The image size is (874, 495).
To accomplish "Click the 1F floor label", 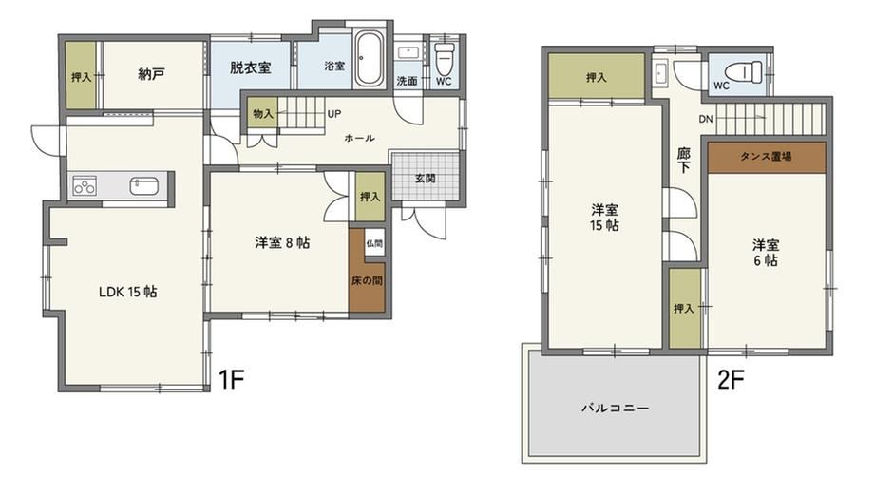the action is click(x=231, y=380).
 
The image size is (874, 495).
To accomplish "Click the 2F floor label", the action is click(x=731, y=380).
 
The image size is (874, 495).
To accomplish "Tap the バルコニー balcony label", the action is click(x=616, y=408).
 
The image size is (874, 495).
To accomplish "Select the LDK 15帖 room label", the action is click(x=127, y=292).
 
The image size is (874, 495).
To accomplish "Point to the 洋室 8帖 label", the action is click(x=282, y=242).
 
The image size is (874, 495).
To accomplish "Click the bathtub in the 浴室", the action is click(x=369, y=59).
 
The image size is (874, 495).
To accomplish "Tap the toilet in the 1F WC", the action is click(x=444, y=59).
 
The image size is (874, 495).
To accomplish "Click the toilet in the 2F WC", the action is click(x=743, y=71).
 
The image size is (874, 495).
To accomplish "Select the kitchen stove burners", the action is click(x=85, y=185).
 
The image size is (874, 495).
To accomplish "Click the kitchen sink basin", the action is click(x=144, y=185).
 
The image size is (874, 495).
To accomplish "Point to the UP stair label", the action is click(x=333, y=114).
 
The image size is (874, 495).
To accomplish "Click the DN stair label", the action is click(x=706, y=119).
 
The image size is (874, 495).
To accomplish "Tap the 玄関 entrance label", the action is click(x=426, y=179).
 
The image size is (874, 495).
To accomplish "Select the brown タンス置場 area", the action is click(x=767, y=157).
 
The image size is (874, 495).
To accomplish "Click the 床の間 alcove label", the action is click(x=367, y=280).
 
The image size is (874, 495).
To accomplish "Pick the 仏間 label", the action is click(x=374, y=243).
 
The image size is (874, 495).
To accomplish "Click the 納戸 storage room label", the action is click(x=151, y=73).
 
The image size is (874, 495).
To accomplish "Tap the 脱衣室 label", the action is click(x=250, y=67).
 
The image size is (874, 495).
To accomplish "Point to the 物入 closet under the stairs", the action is click(x=263, y=114).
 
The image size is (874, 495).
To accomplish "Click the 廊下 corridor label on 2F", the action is click(x=684, y=160).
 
